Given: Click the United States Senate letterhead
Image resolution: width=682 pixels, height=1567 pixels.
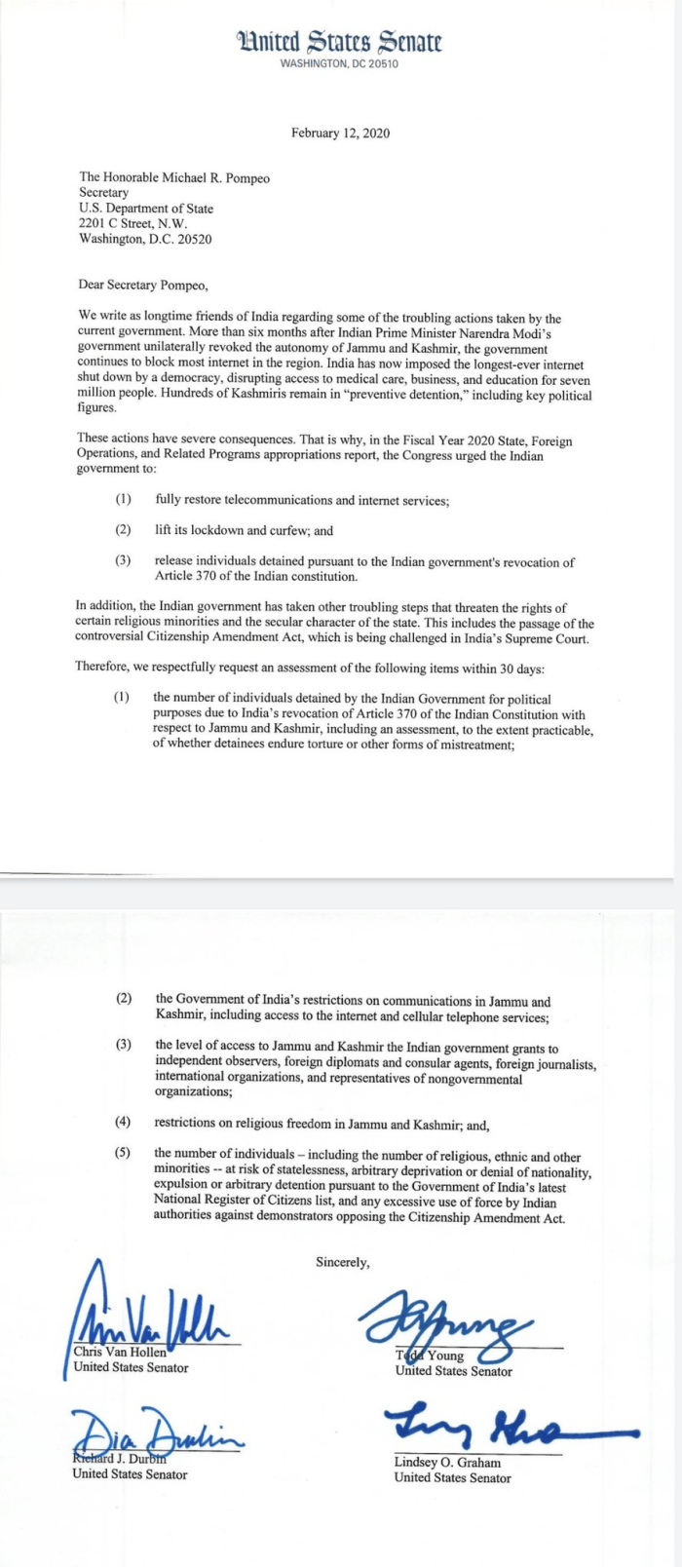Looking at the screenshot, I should [x=339, y=42].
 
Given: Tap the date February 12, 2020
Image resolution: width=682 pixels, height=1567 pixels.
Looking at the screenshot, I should [x=340, y=134].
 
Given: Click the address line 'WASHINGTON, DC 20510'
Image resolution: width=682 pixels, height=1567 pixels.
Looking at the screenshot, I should [x=339, y=64].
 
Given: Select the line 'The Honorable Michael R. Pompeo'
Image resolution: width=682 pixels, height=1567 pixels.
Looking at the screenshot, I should [x=174, y=178].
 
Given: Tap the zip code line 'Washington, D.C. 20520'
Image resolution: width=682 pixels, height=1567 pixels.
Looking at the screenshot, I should [x=145, y=239].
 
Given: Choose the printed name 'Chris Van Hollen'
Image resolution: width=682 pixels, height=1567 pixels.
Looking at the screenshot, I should [x=120, y=1352].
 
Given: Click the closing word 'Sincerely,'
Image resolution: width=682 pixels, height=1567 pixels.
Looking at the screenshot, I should [x=343, y=1262].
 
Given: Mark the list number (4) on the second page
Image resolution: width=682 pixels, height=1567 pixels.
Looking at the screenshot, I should [x=123, y=1122].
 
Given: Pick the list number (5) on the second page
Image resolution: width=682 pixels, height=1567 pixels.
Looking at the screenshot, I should [x=123, y=1153].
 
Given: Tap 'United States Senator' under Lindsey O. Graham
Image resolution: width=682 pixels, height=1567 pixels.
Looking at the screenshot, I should [x=452, y=1478].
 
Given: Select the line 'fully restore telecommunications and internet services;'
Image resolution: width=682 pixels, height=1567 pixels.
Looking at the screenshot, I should [x=302, y=500].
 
